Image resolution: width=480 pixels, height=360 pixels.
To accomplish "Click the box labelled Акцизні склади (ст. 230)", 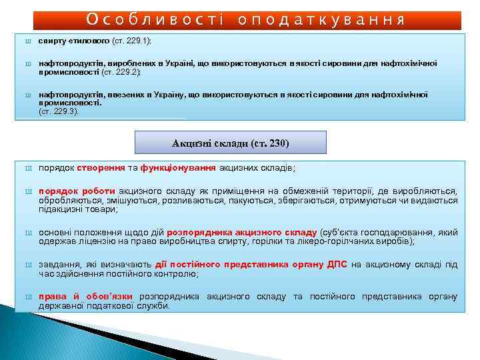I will [231, 143].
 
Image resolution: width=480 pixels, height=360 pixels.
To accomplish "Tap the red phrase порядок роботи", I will [77, 191].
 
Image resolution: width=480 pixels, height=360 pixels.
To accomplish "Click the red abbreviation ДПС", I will [337, 265].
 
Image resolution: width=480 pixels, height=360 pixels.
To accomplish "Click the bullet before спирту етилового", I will [28, 41].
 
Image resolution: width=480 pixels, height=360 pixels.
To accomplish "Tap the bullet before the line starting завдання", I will [28, 265].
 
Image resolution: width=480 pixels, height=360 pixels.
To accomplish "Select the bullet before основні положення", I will [28, 233].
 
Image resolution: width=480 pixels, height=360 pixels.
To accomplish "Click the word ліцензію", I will [87, 242].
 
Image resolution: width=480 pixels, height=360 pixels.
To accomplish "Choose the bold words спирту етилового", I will [73, 41].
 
